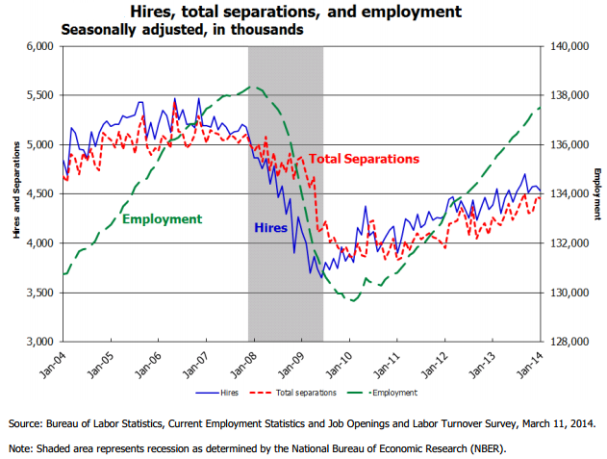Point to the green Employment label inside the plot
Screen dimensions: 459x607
pos(162,218)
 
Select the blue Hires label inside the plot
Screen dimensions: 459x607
pos(270,228)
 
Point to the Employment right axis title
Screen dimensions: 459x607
pos(596,191)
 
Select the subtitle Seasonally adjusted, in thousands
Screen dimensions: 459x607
pos(182,30)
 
